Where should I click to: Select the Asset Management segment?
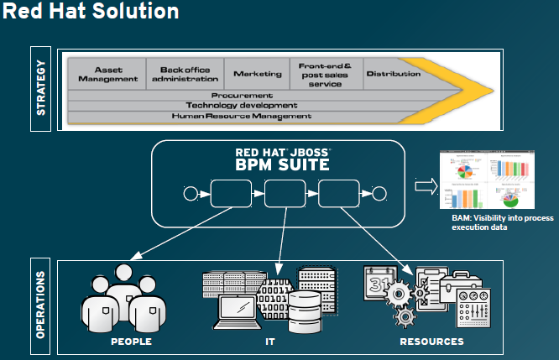pos(107,73)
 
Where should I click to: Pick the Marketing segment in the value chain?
pos(257,74)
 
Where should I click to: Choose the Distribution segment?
pos(392,74)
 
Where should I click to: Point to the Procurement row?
pos(242,95)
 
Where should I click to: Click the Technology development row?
pos(242,105)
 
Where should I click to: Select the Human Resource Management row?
pos(242,116)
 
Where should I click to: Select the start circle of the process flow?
pos(189,196)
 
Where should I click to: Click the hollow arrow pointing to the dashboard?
pos(426,186)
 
